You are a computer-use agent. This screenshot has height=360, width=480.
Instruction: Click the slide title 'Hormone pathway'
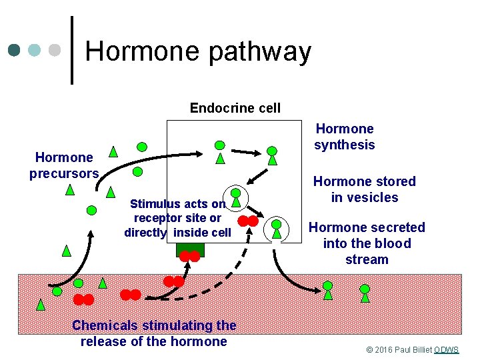(198, 51)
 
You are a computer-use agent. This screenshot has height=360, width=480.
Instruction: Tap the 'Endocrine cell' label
(235, 108)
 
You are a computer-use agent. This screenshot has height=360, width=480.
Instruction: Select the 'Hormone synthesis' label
(345, 137)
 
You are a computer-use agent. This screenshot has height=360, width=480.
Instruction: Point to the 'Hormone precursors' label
(64, 165)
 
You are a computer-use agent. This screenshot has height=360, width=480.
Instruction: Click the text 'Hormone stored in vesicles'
(364, 189)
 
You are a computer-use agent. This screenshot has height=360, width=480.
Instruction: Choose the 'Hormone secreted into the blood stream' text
(366, 243)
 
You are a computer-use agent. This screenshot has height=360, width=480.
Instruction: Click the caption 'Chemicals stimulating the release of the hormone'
(153, 333)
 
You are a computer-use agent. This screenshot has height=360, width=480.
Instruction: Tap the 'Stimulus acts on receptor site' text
(178, 218)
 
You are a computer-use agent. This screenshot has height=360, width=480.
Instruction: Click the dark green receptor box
(190, 248)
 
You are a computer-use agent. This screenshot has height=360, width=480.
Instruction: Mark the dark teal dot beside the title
(15, 51)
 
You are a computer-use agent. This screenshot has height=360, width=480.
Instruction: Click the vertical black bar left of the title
(72, 51)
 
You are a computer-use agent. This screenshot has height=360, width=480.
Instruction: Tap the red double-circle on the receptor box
(190, 256)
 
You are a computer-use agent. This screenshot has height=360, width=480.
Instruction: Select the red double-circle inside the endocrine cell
(249, 221)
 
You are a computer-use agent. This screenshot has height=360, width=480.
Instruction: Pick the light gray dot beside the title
(55, 51)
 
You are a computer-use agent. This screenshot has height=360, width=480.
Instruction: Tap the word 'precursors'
(64, 173)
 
